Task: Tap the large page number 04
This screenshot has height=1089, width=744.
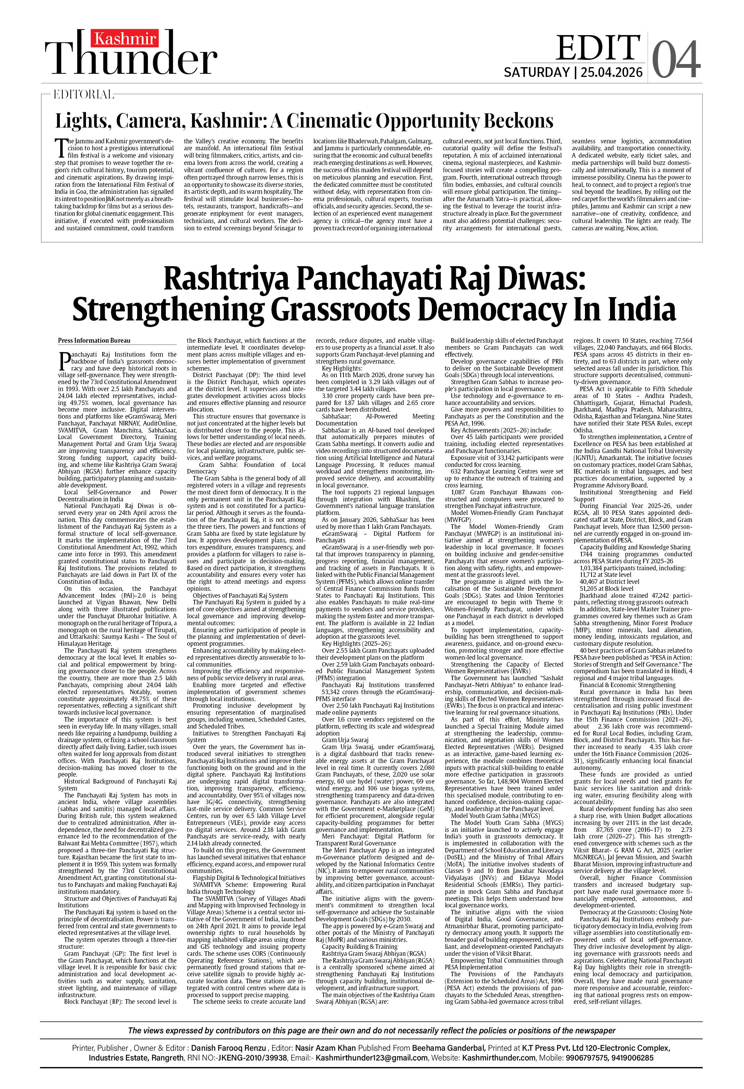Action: click(x=675, y=59)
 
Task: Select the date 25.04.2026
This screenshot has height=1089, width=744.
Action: click(x=611, y=73)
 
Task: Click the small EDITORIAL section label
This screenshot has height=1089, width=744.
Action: click(x=84, y=95)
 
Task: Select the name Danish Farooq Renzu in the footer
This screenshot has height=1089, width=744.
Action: click(x=229, y=1048)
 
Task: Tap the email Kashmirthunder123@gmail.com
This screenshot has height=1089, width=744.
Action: click(x=371, y=1058)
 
